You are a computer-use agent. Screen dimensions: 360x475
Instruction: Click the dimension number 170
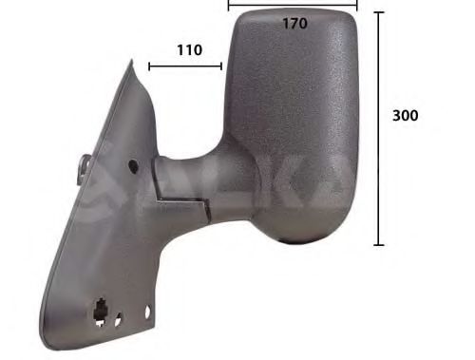pyautogui.click(x=294, y=24)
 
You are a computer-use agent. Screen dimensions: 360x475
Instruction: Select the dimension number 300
pyautogui.click(x=406, y=116)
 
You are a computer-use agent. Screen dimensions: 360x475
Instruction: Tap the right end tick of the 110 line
pyautogui.click(x=222, y=66)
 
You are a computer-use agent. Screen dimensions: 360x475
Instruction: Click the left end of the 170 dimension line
pyautogui.click(x=229, y=5)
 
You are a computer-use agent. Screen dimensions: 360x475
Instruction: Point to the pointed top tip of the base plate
pyautogui.click(x=130, y=65)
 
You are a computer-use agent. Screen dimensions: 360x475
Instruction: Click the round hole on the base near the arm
pyautogui.click(x=132, y=165)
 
